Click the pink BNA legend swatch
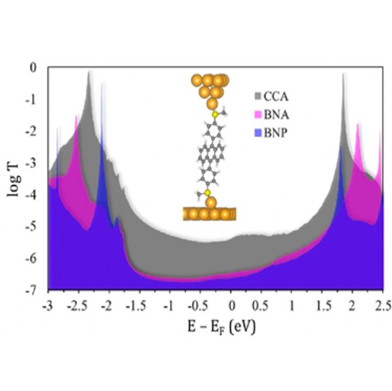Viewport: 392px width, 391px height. [x=258, y=114]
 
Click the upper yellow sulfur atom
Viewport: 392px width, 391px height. [x=216, y=114]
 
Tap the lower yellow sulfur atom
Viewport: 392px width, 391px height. [x=207, y=193]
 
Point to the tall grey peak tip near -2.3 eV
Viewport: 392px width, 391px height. [x=89, y=71]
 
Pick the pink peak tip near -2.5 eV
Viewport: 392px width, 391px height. [x=76, y=116]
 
